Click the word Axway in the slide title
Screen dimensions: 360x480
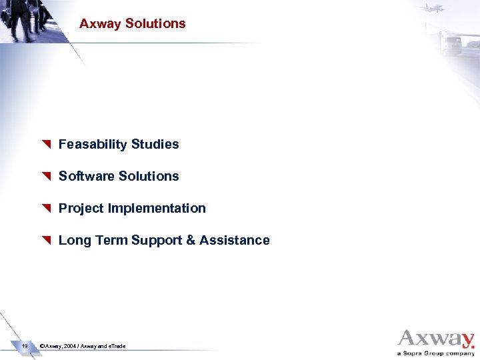point(100,24)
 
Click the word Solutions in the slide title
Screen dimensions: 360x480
point(155,24)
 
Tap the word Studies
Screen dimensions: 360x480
point(155,145)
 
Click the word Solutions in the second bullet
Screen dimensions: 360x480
point(147,177)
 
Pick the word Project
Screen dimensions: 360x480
point(81,209)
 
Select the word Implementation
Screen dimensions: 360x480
point(157,209)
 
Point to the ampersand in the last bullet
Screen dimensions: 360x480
point(191,241)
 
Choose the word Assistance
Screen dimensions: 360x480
point(235,241)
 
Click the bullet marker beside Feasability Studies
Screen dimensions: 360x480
point(46,145)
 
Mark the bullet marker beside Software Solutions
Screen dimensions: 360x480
point(46,177)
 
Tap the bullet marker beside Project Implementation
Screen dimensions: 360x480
point(46,209)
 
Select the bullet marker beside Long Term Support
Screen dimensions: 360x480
point(46,241)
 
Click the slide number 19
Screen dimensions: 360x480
point(24,346)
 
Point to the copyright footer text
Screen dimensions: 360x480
point(83,347)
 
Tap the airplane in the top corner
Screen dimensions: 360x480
point(432,7)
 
